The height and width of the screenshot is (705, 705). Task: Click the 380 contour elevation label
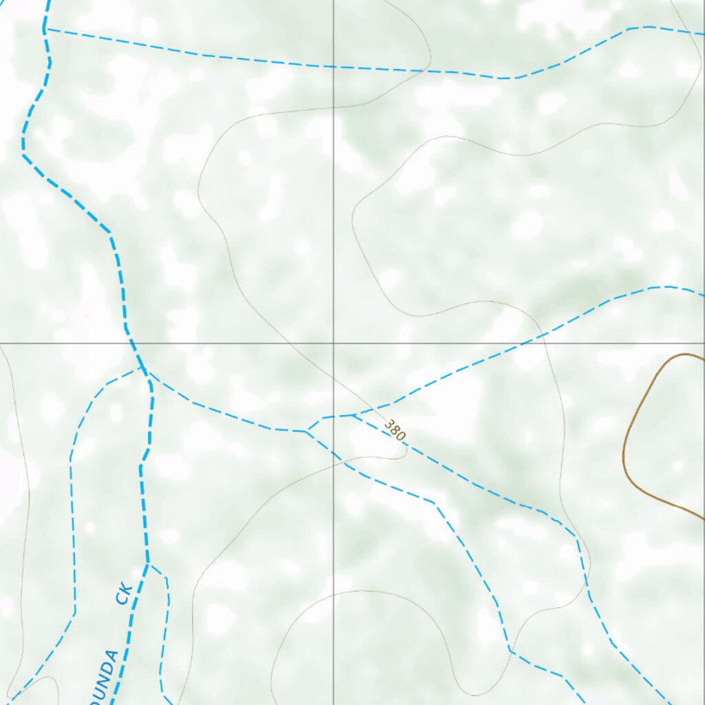(396, 430)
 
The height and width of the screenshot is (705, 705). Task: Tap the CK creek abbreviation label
(124, 593)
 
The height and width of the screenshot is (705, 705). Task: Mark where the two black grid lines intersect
(334, 342)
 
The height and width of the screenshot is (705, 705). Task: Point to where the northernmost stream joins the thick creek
(45, 29)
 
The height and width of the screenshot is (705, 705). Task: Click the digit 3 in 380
(390, 425)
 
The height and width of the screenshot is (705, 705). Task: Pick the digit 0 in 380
(401, 436)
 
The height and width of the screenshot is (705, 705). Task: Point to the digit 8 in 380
(396, 430)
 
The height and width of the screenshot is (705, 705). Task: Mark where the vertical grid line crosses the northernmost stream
(334, 67)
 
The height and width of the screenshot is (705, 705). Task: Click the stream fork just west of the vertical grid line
(307, 431)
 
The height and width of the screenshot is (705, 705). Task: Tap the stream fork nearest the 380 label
(352, 415)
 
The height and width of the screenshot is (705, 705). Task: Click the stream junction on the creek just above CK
(149, 565)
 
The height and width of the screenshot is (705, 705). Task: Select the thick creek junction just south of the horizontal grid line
(143, 370)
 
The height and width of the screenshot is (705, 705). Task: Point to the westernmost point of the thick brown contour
(624, 454)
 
